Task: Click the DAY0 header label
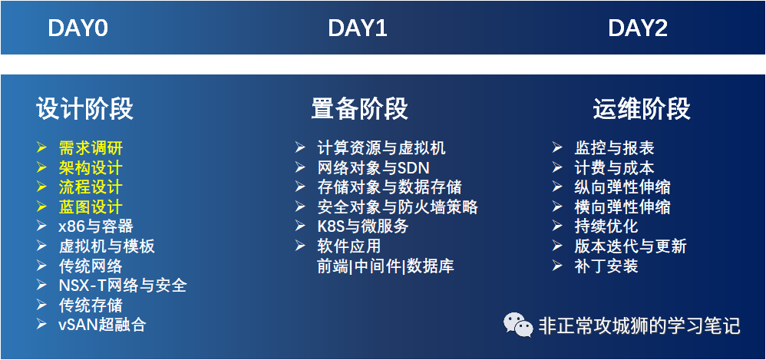coord(78,28)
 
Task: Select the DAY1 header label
coord(358,28)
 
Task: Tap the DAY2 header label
coord(638,28)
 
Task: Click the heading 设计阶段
coord(84,108)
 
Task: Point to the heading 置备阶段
coord(359,108)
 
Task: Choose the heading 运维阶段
coord(642,108)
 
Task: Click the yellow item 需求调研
coord(91,147)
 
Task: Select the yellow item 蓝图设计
coord(91,206)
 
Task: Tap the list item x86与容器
coord(96,226)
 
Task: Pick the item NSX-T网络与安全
coord(123,286)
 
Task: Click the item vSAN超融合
coord(102,325)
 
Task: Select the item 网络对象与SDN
coord(373,167)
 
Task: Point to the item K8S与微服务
coord(362,226)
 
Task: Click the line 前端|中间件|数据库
coord(385,266)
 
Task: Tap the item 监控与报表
coord(614,147)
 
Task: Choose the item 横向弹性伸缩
coord(622,206)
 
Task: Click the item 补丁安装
coord(606,266)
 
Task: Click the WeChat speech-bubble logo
coord(518,325)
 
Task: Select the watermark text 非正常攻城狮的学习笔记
coord(639,325)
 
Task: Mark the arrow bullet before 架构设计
coord(41,167)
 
